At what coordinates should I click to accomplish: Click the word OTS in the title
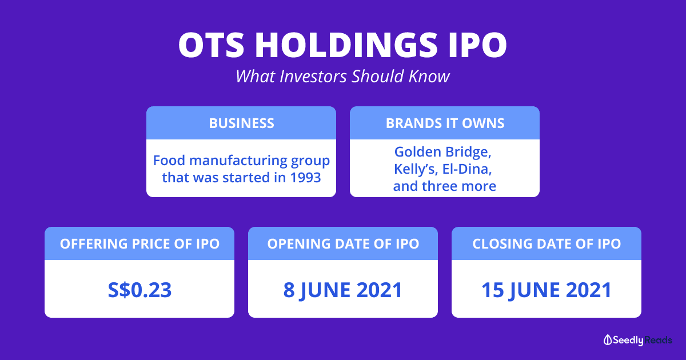pyautogui.click(x=212, y=45)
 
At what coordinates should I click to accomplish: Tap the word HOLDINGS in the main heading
pyautogui.click(x=346, y=45)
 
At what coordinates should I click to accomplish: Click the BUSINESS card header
pyautogui.click(x=241, y=123)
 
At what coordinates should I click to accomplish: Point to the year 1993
pyautogui.click(x=305, y=178)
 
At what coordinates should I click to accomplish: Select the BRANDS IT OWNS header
pyautogui.click(x=445, y=123)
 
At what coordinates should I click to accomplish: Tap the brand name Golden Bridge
pyautogui.click(x=442, y=152)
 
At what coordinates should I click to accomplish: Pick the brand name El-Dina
pyautogui.click(x=467, y=169)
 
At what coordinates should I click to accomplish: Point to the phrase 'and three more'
pyautogui.click(x=445, y=186)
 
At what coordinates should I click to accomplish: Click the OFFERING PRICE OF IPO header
pyautogui.click(x=139, y=243)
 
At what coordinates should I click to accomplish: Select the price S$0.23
pyautogui.click(x=139, y=290)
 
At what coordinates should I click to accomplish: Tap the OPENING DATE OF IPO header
pyautogui.click(x=343, y=243)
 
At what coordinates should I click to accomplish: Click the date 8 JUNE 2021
pyautogui.click(x=342, y=290)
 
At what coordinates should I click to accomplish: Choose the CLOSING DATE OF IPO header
pyautogui.click(x=547, y=243)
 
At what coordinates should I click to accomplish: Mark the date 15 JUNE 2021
pyautogui.click(x=547, y=290)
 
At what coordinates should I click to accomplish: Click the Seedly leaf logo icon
pyautogui.click(x=607, y=340)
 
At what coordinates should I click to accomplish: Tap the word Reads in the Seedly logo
pyautogui.click(x=658, y=340)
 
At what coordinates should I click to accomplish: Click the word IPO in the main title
pyautogui.click(x=478, y=45)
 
